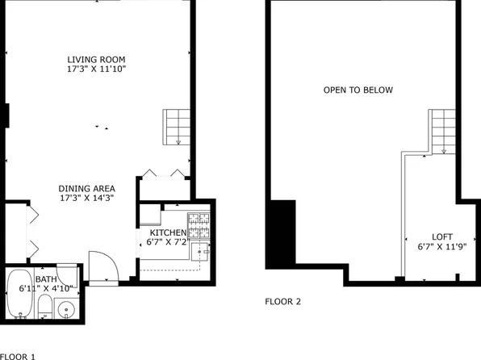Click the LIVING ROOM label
pyautogui.click(x=96, y=60)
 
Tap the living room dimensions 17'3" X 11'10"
pyautogui.click(x=96, y=70)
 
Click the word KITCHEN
pyautogui.click(x=167, y=232)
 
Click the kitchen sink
pyautogui.click(x=205, y=252)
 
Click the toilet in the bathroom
pyautogui.click(x=46, y=309)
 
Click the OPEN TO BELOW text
pyautogui.click(x=358, y=90)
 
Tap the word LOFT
pyautogui.click(x=441, y=237)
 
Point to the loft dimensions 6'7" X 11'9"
pyautogui.click(x=441, y=247)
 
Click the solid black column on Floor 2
pyautogui.click(x=282, y=234)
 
